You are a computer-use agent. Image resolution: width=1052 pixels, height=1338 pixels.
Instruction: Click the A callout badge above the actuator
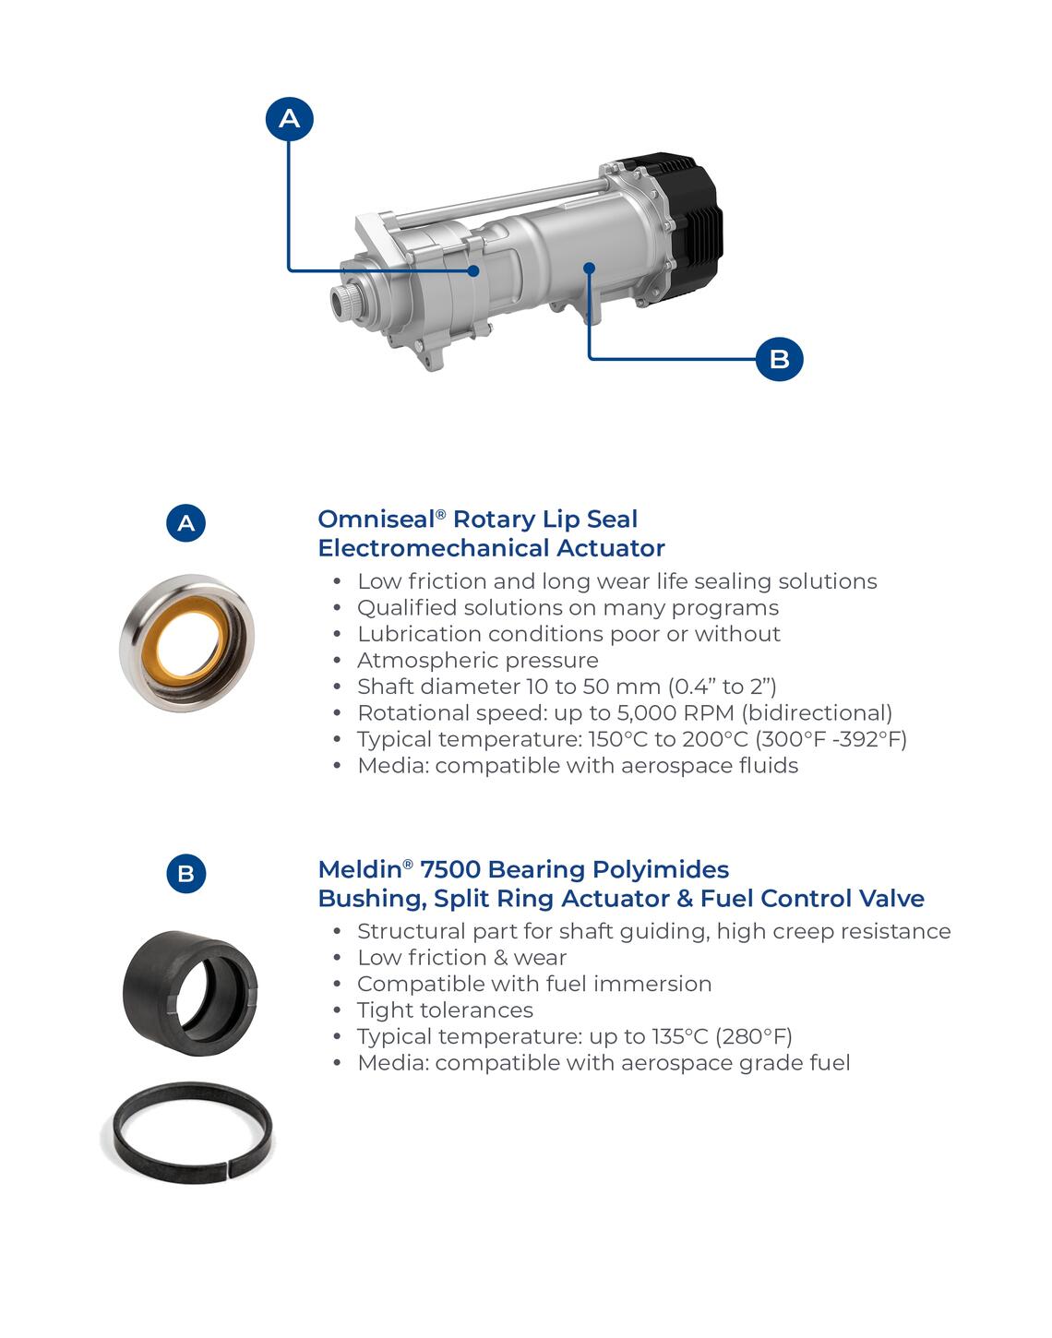[289, 119]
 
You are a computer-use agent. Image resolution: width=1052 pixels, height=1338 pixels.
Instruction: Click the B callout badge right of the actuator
[779, 359]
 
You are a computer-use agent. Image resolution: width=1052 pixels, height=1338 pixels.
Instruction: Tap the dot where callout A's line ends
[473, 271]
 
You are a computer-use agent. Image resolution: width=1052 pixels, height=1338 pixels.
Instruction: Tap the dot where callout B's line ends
[590, 268]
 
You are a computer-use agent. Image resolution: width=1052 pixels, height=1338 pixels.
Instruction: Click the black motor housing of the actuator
[691, 224]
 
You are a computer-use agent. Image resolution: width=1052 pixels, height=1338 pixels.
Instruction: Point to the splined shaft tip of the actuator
[343, 302]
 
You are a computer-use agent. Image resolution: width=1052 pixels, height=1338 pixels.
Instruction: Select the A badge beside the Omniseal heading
[185, 523]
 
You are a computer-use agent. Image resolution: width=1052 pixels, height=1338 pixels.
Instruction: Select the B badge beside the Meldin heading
[185, 874]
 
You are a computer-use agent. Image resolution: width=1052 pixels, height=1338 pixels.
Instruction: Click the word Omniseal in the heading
[377, 520]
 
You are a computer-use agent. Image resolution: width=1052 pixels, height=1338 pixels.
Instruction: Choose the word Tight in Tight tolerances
[383, 1010]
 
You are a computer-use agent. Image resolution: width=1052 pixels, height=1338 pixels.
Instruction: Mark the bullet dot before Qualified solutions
[337, 608]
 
